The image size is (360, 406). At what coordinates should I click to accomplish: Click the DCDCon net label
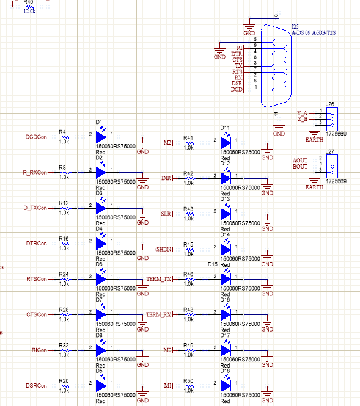35,137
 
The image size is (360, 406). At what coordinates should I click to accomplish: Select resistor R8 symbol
64,173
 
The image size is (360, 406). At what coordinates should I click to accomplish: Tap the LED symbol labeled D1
101,137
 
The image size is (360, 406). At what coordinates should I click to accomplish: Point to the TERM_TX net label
159,279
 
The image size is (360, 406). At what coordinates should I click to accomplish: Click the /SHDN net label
164,249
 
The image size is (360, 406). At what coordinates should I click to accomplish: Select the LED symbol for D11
226,142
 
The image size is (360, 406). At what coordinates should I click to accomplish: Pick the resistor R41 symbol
188,142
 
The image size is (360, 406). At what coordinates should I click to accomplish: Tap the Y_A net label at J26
302,113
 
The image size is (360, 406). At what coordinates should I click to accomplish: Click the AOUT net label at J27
300,160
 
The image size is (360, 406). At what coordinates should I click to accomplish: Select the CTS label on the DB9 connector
238,59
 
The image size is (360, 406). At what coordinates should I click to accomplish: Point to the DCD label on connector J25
237,90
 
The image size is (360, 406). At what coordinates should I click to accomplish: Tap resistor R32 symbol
64,350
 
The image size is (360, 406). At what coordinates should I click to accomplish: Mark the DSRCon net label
35,385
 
